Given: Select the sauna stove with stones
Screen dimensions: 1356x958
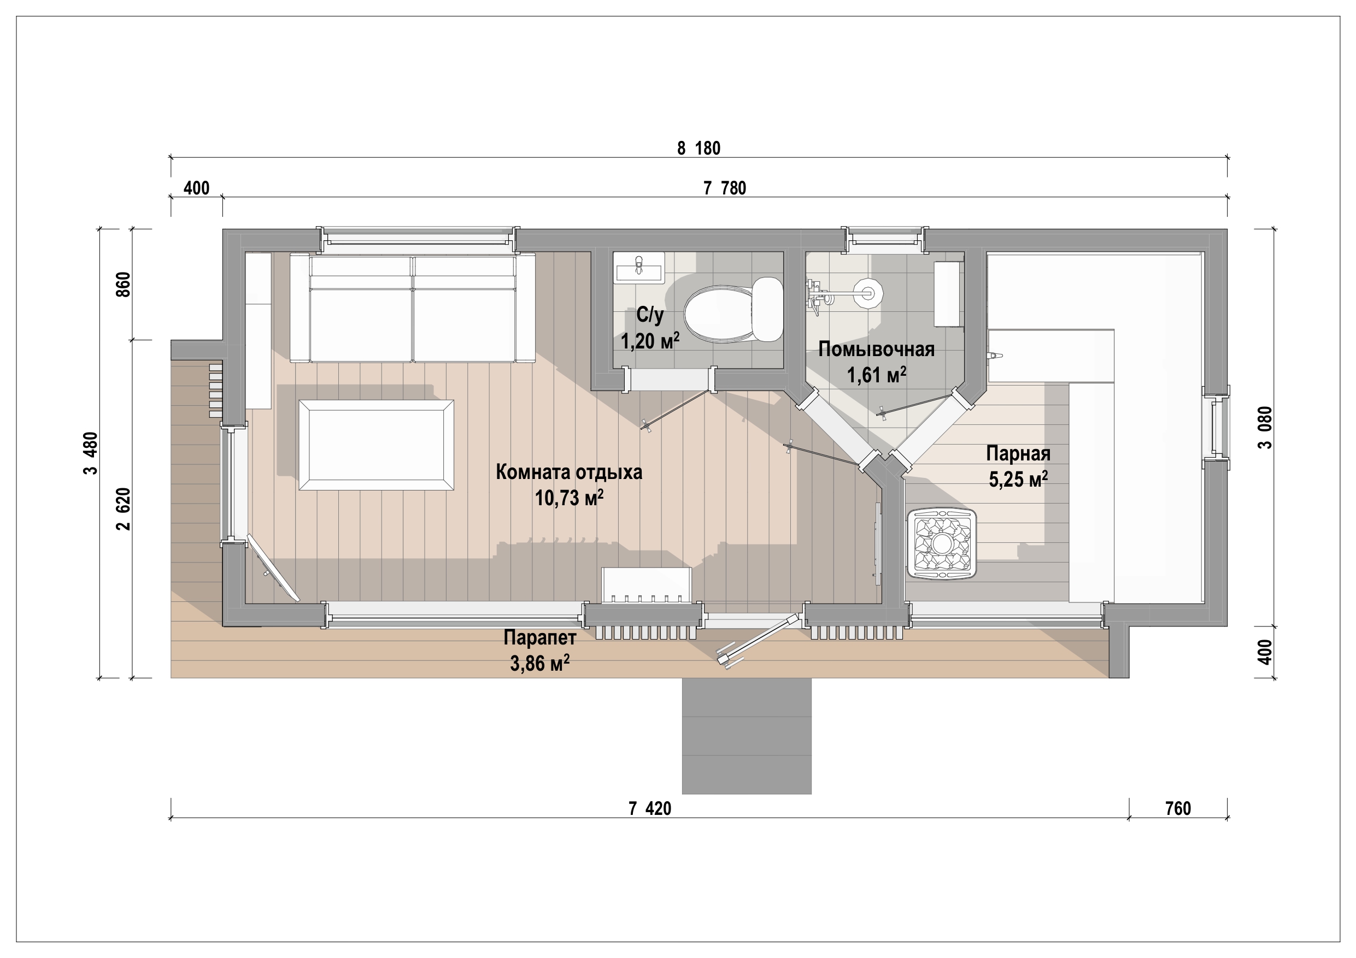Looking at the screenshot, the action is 942,543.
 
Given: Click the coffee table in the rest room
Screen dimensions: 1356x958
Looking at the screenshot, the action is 376,445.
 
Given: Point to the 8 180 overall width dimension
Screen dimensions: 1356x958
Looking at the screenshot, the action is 698,148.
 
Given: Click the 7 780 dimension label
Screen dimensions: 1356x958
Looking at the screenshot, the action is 725,188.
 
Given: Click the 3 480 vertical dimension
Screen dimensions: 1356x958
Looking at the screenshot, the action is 90,453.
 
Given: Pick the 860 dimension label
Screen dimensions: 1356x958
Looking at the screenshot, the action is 123,285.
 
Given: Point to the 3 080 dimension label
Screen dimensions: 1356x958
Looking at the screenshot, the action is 1265,427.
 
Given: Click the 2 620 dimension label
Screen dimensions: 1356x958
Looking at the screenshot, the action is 123,509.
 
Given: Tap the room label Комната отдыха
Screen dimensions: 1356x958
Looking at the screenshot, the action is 569,472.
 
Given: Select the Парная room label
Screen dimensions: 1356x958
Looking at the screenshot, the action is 1018,453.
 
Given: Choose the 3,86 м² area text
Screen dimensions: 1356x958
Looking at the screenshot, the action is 540,664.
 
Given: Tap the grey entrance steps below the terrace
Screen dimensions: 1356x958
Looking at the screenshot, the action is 747,736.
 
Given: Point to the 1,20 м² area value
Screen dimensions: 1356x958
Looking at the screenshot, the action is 650,341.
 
